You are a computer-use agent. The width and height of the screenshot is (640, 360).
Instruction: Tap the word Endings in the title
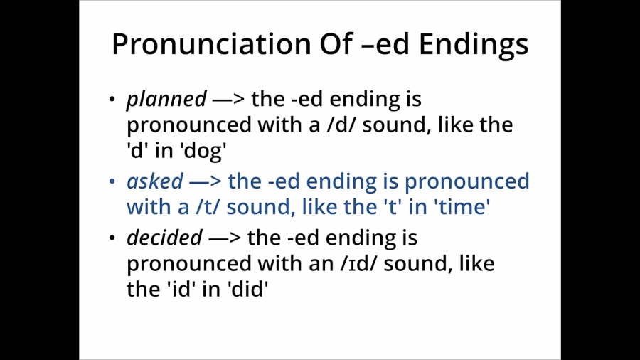coord(473,44)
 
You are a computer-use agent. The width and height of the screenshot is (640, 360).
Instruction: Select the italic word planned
coord(166,99)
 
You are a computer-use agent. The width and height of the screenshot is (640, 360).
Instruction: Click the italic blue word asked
coord(154,181)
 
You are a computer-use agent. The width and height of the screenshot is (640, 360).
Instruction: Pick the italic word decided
coord(164,237)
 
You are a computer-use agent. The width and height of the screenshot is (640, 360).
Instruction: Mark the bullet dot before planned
coord(112,100)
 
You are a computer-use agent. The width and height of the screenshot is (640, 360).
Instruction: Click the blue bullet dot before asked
coord(112,182)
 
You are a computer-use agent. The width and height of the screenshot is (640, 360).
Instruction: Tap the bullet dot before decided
coord(112,238)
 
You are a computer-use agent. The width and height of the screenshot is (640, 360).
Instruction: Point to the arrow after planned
coord(229,99)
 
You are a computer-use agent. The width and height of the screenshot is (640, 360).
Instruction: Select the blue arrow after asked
coord(206,181)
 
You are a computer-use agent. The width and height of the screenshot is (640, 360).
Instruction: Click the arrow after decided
coord(225,237)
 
